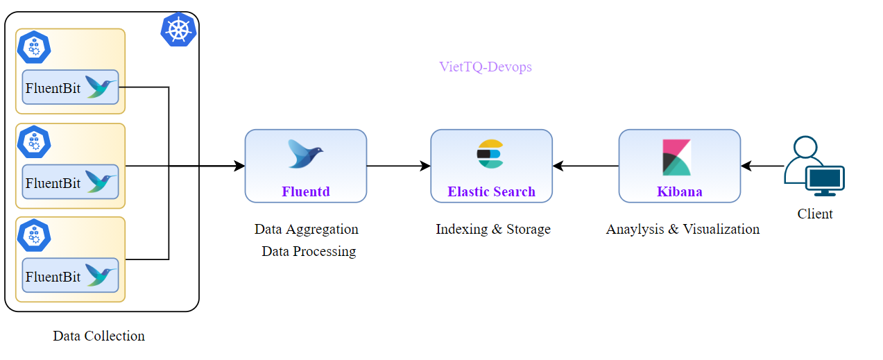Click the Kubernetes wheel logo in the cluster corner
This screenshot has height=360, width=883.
pyautogui.click(x=179, y=29)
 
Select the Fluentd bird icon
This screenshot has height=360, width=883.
pyautogui.click(x=305, y=154)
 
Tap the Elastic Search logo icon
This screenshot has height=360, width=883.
pyautogui.click(x=490, y=154)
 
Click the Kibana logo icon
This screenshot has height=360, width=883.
pyautogui.click(x=676, y=157)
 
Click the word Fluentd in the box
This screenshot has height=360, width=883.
pyautogui.click(x=305, y=191)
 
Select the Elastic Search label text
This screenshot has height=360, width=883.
pyautogui.click(x=491, y=191)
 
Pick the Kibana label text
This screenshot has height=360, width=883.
pyautogui.click(x=679, y=191)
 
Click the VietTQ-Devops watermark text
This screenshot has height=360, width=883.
pyautogui.click(x=485, y=67)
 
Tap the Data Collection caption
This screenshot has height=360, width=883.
pyautogui.click(x=98, y=336)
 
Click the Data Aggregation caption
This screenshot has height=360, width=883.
pyautogui.click(x=306, y=229)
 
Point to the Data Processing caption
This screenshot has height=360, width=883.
pyautogui.click(x=309, y=251)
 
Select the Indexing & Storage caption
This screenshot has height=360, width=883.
pyautogui.click(x=492, y=229)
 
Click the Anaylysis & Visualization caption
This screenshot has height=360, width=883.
pyautogui.click(x=683, y=229)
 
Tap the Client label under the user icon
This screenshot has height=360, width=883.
pyautogui.click(x=814, y=214)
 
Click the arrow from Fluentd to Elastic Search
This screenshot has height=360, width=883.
pyautogui.click(x=398, y=166)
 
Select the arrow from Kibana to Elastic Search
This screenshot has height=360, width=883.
pyautogui.click(x=585, y=166)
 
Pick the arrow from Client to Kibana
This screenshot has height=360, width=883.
pyautogui.click(x=762, y=166)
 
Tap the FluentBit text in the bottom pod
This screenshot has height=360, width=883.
pyautogui.click(x=53, y=277)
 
